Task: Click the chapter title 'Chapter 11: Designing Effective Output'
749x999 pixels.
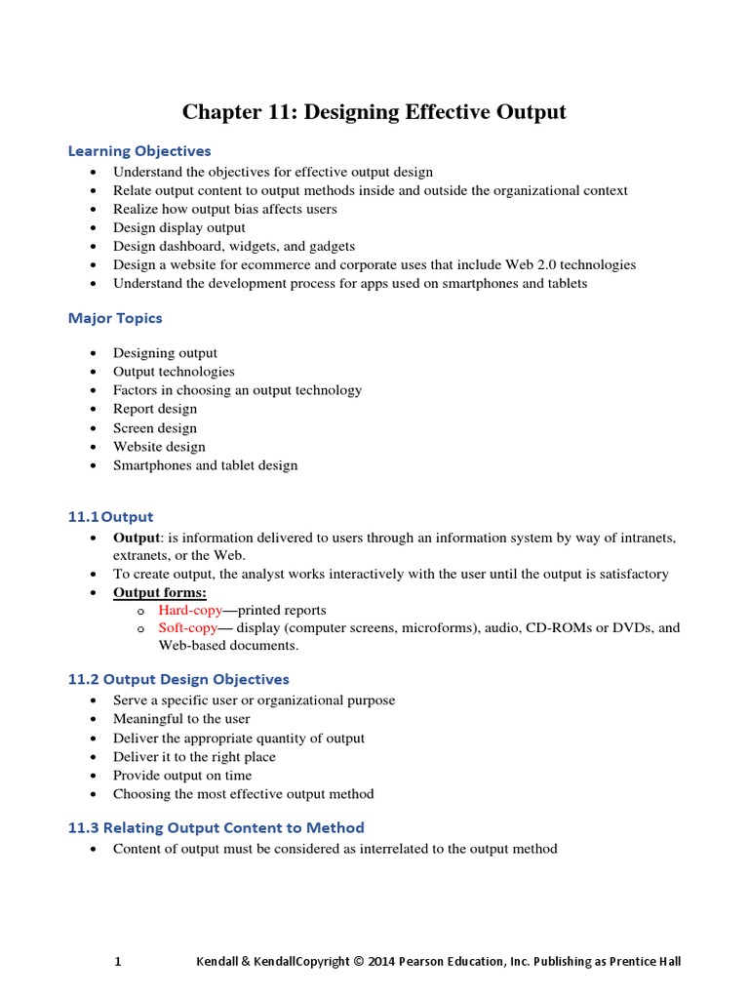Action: [x=374, y=112]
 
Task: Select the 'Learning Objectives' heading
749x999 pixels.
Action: [x=138, y=151]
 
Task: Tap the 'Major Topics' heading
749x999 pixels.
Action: [x=115, y=318]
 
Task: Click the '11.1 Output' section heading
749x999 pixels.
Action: [x=110, y=517]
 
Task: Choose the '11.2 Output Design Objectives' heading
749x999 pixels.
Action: [x=178, y=679]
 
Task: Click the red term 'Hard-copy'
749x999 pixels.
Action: [x=194, y=610]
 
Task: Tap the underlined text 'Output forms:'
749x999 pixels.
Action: [x=160, y=592]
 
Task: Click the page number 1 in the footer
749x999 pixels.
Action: [x=118, y=962]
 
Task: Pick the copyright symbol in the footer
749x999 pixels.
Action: [x=358, y=962]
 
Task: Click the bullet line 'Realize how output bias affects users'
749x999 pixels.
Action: [x=225, y=209]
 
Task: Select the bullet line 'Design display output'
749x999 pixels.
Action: [x=179, y=227]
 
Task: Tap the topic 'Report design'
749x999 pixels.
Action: [x=155, y=409]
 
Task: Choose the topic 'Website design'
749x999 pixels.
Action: [x=159, y=447]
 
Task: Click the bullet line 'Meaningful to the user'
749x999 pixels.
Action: [x=181, y=719]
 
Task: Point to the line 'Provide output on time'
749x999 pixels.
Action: [x=182, y=776]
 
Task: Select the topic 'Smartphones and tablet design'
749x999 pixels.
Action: [x=205, y=465]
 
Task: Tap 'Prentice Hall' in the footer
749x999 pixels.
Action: [x=642, y=962]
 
